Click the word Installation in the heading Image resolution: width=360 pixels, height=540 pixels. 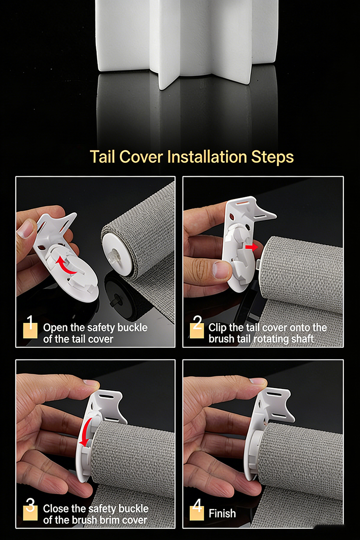[207, 157]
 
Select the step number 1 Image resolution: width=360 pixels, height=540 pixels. [30, 322]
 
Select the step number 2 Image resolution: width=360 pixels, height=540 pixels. [198, 322]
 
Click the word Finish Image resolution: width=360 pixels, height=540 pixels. [222, 513]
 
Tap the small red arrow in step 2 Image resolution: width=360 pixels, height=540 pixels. [251, 247]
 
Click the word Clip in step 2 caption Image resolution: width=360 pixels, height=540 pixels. [217, 328]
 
